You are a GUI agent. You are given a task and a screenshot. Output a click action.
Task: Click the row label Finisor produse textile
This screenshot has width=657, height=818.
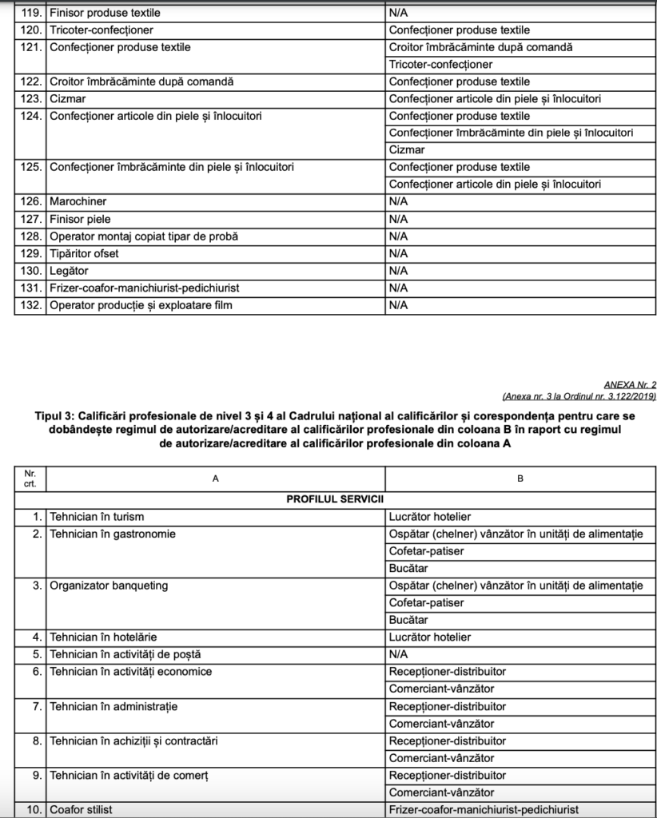click(x=105, y=14)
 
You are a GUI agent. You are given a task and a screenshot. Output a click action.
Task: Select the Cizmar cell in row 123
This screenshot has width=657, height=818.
click(x=68, y=99)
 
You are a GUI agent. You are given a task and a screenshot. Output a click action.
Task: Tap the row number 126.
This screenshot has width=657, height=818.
click(x=30, y=202)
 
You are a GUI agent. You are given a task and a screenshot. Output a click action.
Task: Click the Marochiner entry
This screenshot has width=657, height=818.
click(x=78, y=202)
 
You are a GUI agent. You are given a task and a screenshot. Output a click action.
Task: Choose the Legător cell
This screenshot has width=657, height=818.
click(x=69, y=271)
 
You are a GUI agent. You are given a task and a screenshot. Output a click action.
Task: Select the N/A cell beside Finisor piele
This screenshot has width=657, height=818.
click(x=398, y=219)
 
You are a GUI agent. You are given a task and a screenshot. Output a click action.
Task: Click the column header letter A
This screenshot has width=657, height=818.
click(x=215, y=478)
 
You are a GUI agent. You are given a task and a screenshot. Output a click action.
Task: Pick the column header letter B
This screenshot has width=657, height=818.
click(x=520, y=478)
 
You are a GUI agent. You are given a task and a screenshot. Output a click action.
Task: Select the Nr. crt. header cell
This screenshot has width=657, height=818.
click(x=30, y=478)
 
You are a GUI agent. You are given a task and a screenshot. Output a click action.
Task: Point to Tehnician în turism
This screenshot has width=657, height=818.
click(x=97, y=517)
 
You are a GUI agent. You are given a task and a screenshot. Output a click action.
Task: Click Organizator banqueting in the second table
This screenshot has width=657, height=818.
click(x=109, y=586)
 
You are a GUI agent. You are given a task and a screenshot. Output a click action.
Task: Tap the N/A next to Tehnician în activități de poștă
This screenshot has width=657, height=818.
click(x=398, y=654)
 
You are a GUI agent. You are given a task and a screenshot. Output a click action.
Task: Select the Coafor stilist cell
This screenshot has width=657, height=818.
click(x=81, y=810)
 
